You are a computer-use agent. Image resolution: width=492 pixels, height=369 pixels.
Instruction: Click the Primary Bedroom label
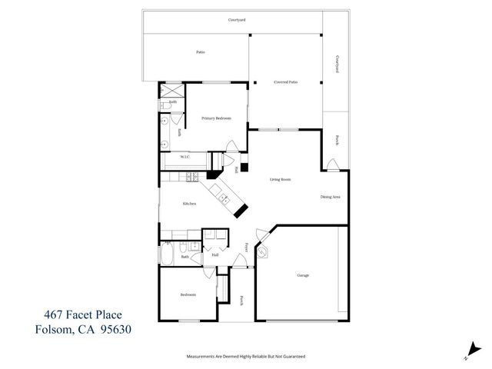216,118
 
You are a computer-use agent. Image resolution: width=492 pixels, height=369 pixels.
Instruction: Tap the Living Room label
280,180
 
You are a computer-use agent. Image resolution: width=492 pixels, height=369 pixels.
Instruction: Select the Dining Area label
331,197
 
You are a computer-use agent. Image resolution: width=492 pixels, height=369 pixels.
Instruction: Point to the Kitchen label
189,204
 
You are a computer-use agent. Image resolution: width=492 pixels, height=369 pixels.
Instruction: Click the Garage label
303,274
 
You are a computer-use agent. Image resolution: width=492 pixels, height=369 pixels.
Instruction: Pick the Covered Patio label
285,81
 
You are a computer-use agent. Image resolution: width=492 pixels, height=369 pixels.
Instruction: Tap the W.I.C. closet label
185,158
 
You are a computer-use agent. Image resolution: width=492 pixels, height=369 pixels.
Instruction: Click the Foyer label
246,247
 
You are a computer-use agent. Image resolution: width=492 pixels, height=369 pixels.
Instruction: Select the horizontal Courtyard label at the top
237,20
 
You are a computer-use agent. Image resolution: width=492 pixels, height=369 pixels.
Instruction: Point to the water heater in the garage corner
264,251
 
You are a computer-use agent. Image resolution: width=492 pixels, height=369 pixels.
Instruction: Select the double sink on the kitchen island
223,198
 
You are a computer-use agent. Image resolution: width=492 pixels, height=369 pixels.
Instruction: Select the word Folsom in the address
55,331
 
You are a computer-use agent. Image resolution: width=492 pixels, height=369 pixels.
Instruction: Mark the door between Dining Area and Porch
331,165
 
